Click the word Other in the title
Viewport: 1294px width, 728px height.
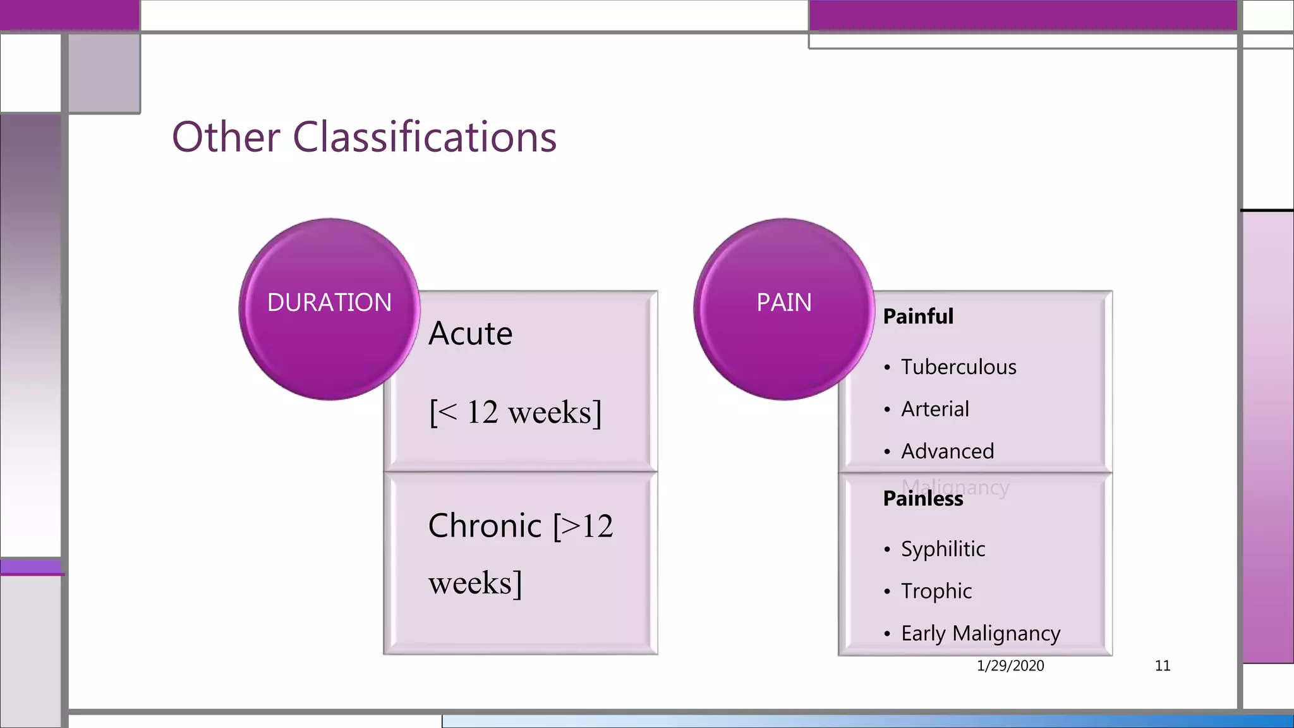(226, 137)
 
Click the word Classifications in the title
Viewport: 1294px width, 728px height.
(425, 137)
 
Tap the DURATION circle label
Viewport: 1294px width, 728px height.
(329, 303)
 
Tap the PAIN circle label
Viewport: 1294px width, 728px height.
(784, 303)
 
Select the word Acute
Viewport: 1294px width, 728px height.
(470, 334)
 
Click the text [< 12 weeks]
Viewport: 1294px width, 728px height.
(516, 413)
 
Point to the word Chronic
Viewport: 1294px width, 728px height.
(485, 526)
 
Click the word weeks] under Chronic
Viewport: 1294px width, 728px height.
(475, 583)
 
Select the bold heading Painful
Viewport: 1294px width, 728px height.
(917, 317)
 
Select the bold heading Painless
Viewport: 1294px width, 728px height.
(922, 499)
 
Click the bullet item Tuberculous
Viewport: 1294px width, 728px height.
(958, 367)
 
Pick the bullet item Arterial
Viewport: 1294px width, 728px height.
(934, 409)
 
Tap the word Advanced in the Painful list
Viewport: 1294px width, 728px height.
(947, 451)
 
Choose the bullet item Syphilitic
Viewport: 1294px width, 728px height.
(943, 549)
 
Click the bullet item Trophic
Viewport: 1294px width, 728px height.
(936, 591)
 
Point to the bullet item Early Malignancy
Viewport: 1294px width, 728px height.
(980, 633)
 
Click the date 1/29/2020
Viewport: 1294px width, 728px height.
(1010, 665)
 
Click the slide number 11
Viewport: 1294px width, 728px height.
(1162, 665)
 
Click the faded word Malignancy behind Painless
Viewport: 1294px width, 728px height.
(986, 487)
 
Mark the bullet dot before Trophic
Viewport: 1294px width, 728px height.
(887, 592)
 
